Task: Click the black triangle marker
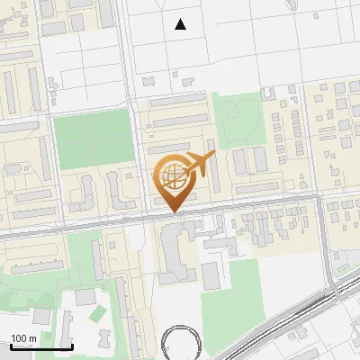181,24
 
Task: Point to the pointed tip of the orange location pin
173,211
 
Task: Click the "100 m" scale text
23,338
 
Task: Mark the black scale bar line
41,346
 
